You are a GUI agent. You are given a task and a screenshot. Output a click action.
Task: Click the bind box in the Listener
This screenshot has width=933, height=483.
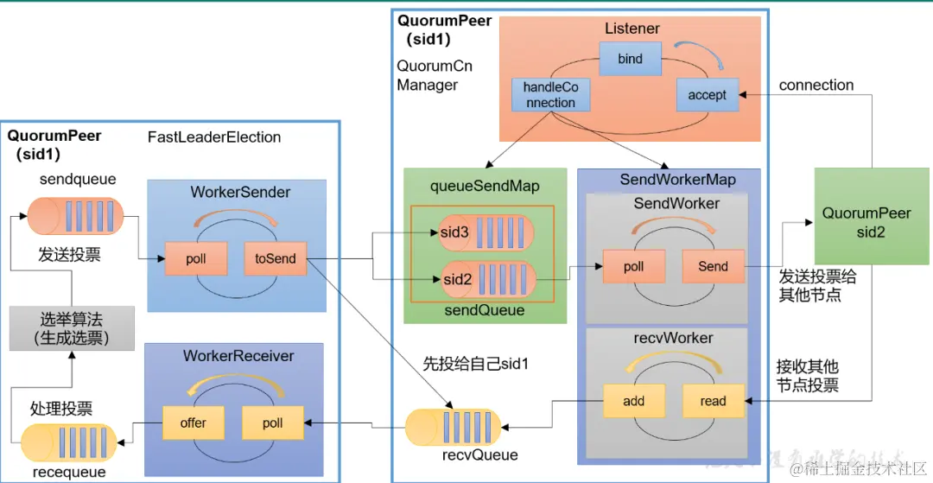point(631,60)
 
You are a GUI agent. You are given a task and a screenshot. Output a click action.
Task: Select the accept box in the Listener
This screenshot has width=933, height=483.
point(707,95)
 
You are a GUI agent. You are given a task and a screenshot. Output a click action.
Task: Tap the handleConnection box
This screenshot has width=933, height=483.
point(550,95)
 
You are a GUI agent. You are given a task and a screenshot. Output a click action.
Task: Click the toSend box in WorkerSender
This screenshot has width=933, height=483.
point(275,258)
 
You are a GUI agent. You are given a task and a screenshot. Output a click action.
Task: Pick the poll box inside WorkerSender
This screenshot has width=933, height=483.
point(196,258)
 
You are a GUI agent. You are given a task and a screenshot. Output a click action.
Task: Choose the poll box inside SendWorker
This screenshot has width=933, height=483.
point(633,266)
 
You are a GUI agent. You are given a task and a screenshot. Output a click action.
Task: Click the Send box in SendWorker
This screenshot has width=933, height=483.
point(713,266)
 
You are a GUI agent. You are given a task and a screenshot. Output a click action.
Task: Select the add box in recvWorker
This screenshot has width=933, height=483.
point(633,401)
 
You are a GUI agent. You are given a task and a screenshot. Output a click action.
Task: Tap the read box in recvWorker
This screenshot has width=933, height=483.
point(713,401)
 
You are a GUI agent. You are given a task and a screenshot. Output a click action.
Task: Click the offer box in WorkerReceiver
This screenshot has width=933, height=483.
point(194,423)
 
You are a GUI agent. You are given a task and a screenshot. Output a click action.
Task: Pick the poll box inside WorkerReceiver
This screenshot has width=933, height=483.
point(272,423)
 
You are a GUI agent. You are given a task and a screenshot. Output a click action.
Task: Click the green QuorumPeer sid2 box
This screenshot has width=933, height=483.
point(866,222)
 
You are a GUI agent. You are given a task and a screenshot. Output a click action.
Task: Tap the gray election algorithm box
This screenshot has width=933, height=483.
point(72,327)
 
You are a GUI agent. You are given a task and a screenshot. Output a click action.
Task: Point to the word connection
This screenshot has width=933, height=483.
point(816,85)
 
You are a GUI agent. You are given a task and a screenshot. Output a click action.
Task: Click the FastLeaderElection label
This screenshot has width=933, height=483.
point(214,137)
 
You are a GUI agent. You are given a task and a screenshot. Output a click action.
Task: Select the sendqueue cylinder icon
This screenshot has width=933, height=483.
point(74,216)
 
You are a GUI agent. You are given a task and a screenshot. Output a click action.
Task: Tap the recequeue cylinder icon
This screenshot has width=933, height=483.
point(68,442)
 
